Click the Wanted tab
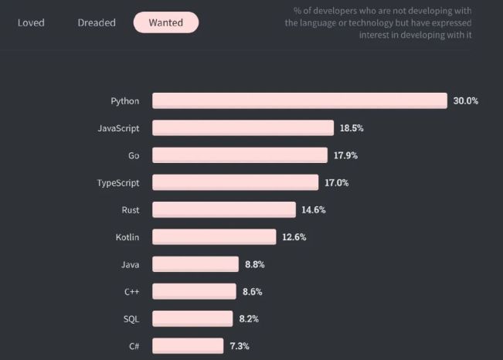pyautogui.click(x=165, y=22)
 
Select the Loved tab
pyautogui.click(x=31, y=22)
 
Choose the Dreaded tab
pyautogui.click(x=97, y=22)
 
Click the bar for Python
pyautogui.click(x=299, y=100)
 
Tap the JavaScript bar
pyautogui.click(x=243, y=127)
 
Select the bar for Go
pyautogui.click(x=240, y=155)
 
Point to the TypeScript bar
pyautogui.click(x=235, y=182)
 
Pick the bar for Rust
pyautogui.click(x=223, y=209)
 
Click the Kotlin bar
pyautogui.click(x=214, y=236)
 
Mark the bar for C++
pyautogui.click(x=194, y=291)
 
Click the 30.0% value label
pyautogui.click(x=466, y=100)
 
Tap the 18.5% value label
pyautogui.click(x=352, y=127)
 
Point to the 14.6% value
pyautogui.click(x=314, y=209)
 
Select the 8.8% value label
pyautogui.click(x=255, y=264)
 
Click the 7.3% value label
pyautogui.click(x=239, y=345)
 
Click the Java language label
pyautogui.click(x=130, y=264)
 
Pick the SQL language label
pyautogui.click(x=131, y=318)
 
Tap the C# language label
pyautogui.click(x=133, y=345)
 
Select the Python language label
pyautogui.click(x=125, y=100)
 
